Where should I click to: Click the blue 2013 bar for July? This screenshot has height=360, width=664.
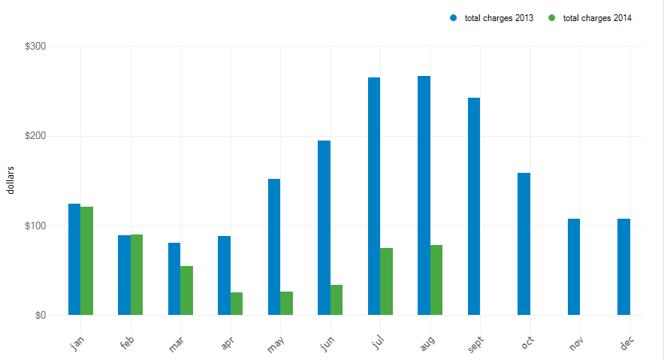coord(374,196)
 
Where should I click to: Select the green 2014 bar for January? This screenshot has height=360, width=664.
coord(86,261)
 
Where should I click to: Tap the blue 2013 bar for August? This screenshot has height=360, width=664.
coord(424,195)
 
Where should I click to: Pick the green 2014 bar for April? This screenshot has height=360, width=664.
coord(237,304)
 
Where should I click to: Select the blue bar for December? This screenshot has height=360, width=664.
coord(623,267)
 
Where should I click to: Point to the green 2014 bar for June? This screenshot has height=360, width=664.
coord(337,300)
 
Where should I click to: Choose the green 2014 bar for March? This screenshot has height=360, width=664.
coord(186,290)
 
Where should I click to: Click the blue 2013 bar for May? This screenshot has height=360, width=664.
coord(274,247)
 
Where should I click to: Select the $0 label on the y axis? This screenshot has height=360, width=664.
coord(40,315)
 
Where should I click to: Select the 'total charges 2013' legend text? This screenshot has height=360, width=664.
coord(499,18)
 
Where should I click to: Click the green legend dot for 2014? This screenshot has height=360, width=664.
coord(552,18)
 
